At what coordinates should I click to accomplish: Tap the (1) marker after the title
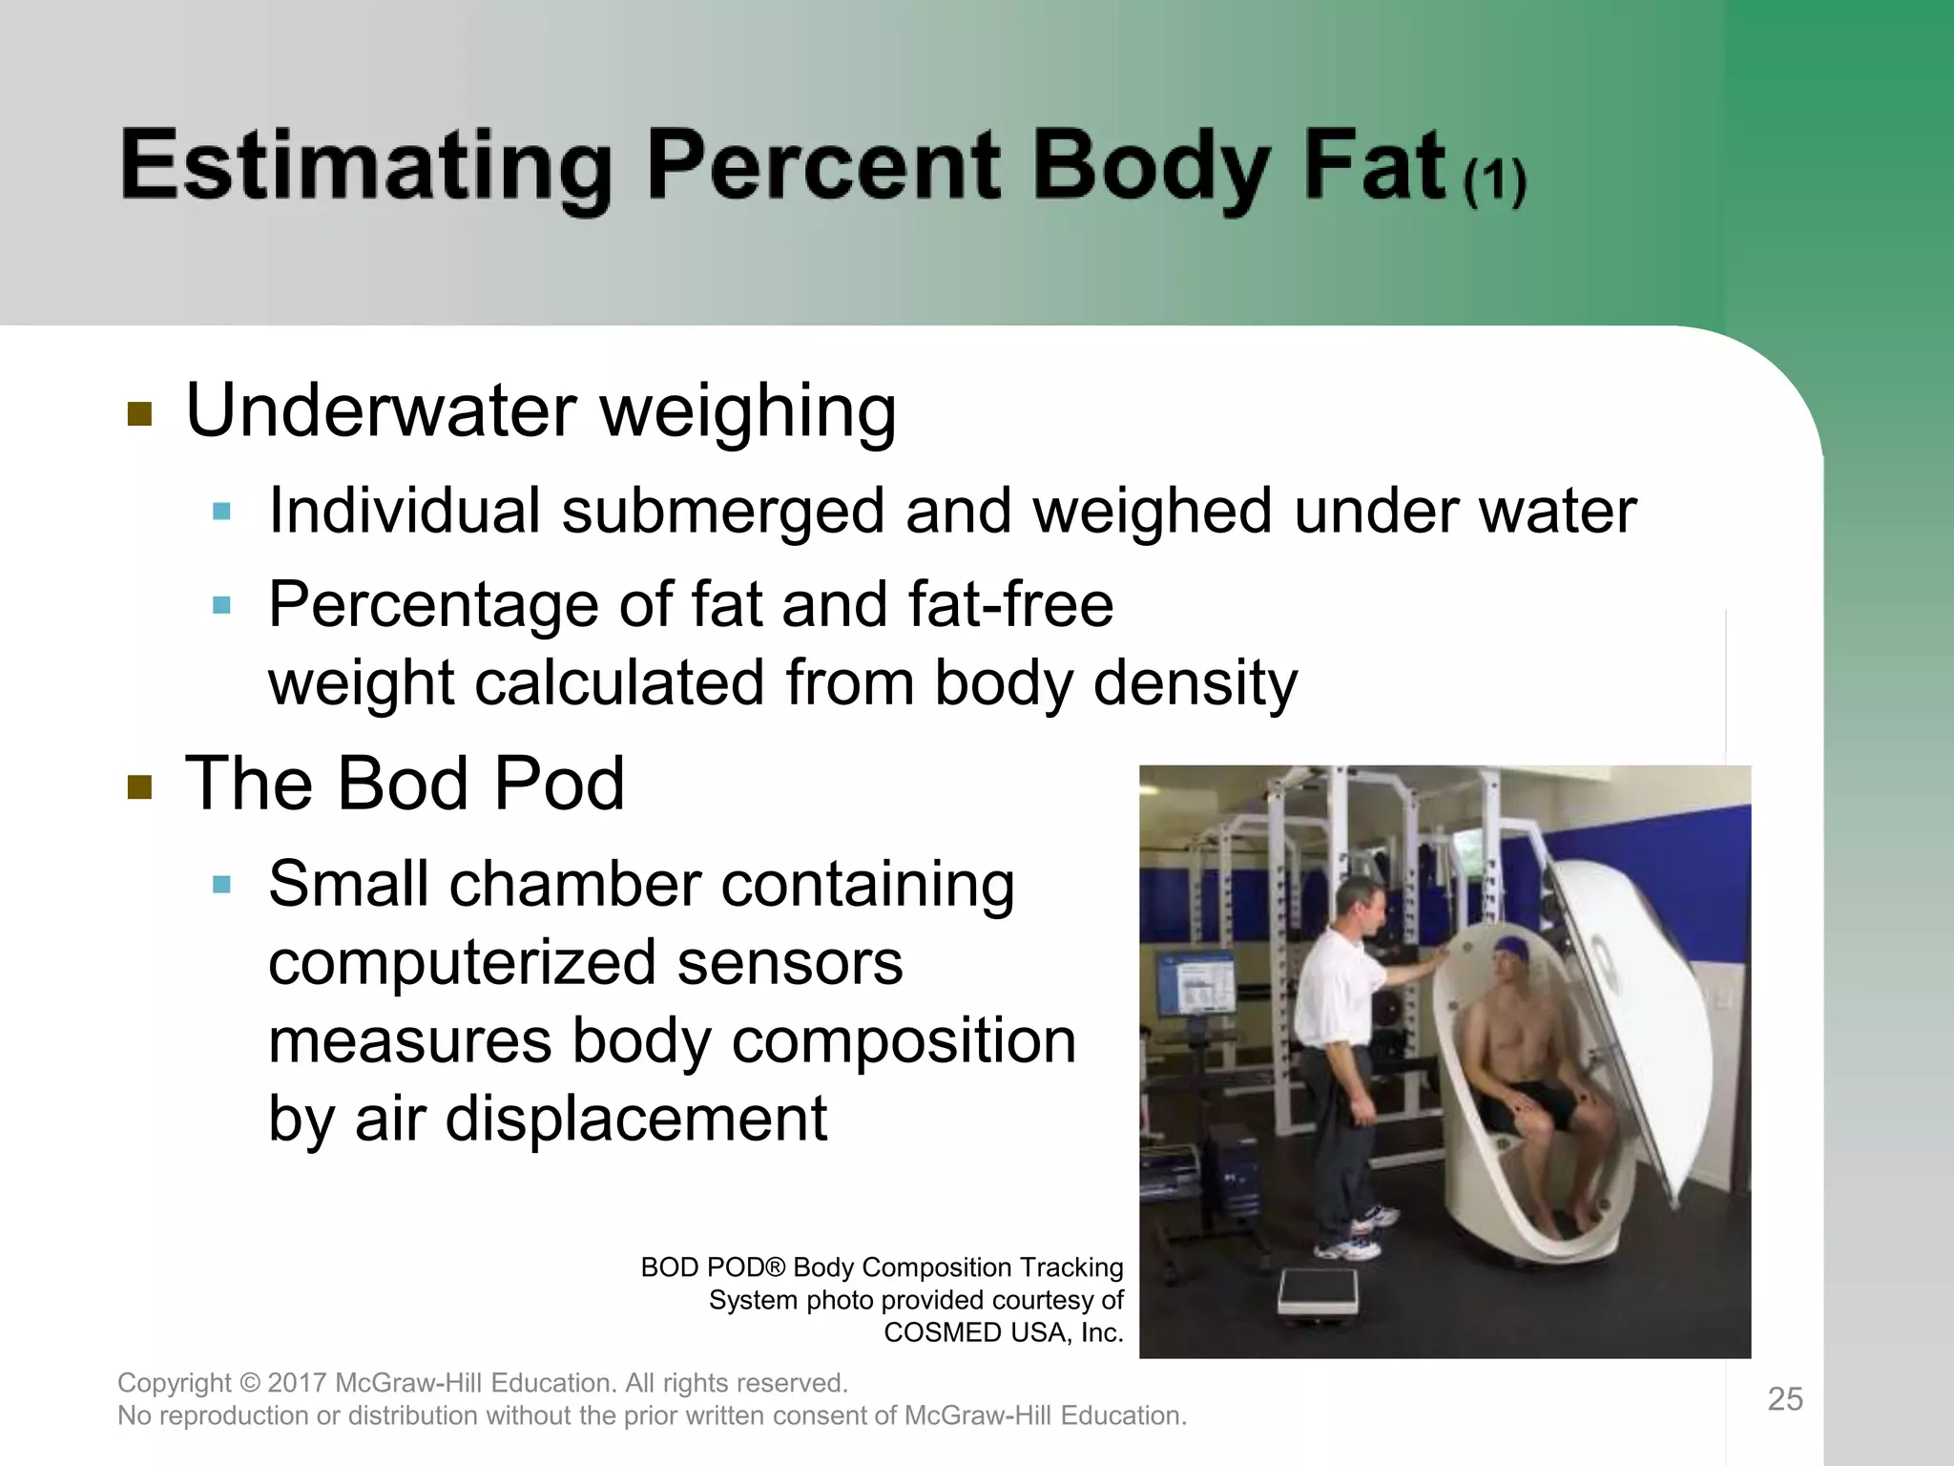click(x=1495, y=181)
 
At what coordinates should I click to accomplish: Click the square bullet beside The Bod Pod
click(x=140, y=787)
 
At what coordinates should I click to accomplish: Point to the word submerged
click(x=723, y=512)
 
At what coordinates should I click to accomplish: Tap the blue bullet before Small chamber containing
click(x=222, y=885)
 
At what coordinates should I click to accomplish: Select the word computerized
click(x=462, y=963)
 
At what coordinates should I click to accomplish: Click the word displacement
click(x=636, y=1119)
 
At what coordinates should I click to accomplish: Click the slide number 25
click(x=1785, y=1399)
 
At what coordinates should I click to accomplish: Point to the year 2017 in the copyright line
click(x=297, y=1383)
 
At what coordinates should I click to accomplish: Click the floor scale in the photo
click(x=1319, y=1294)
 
